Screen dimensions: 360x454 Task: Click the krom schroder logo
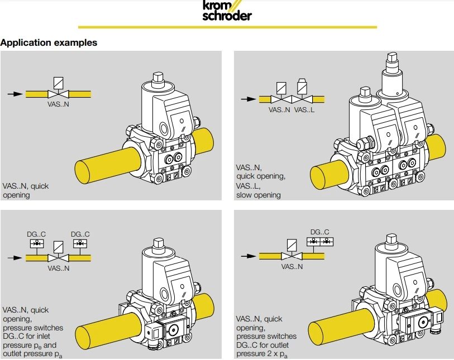click(226, 11)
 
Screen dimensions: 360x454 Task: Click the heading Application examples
click(49, 42)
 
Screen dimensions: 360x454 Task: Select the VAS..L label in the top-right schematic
click(304, 110)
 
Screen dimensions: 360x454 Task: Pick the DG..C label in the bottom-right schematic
click(320, 232)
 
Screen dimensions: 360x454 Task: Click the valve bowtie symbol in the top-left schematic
click(58, 94)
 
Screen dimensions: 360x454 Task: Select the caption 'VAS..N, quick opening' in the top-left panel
click(26, 190)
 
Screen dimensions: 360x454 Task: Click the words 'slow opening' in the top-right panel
click(259, 195)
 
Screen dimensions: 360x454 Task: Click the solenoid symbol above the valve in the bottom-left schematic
click(58, 246)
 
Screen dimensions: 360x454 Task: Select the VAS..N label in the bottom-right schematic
click(292, 267)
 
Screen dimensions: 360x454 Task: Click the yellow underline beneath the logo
click(227, 27)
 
